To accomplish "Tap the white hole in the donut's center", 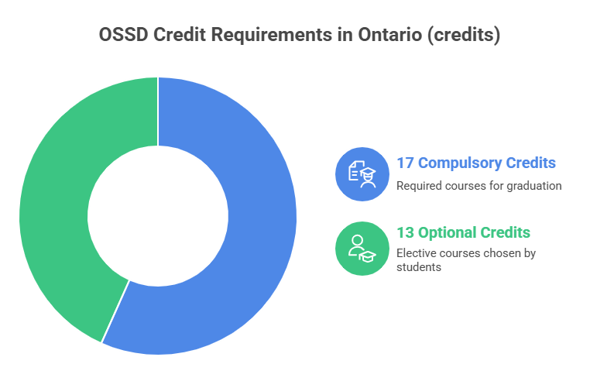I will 158,215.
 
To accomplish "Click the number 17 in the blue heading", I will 404,163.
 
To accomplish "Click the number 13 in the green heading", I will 405,232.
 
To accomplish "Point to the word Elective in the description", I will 413,252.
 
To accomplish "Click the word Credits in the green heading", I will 504,232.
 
